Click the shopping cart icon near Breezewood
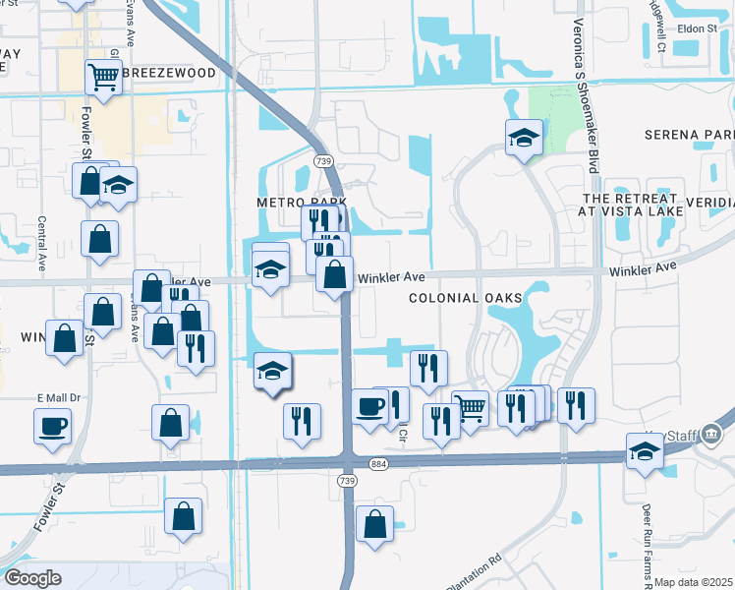[x=103, y=76]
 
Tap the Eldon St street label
[x=698, y=29]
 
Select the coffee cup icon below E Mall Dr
[x=52, y=426]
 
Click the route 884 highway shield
[x=377, y=463]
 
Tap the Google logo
[x=31, y=578]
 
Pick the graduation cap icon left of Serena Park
[x=525, y=138]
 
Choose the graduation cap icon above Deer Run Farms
[x=644, y=452]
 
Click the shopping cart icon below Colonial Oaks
[x=471, y=407]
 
